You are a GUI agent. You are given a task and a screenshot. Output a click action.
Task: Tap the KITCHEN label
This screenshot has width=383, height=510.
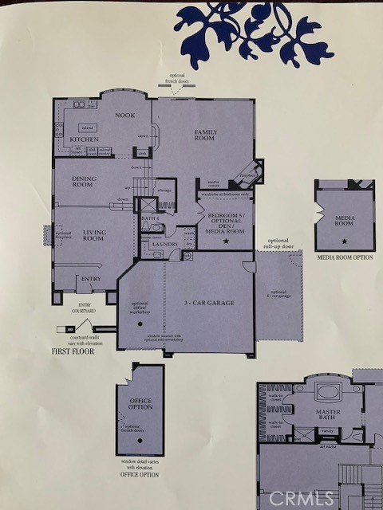coord(84,139)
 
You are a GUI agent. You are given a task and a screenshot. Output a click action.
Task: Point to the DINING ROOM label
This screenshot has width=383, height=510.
coord(84,181)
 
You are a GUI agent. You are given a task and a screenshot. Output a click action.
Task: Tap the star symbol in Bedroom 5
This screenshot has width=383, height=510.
coord(226,240)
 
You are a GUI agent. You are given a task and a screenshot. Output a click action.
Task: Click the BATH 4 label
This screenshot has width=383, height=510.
coord(148,218)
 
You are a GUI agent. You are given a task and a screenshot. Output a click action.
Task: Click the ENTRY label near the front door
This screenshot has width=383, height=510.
coord(89,279)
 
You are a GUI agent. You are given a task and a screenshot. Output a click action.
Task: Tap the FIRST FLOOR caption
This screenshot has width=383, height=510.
coord(73,351)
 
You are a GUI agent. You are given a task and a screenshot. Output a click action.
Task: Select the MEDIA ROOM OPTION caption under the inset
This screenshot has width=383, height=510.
coord(345,257)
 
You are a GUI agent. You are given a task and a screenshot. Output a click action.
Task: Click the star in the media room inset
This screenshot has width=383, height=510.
coord(344,240)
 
